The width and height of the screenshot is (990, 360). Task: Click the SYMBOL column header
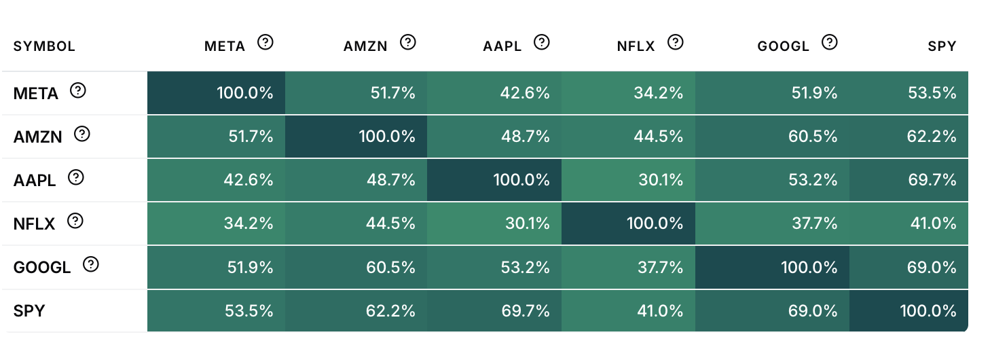(44, 46)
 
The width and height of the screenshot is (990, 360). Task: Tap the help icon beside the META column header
(265, 43)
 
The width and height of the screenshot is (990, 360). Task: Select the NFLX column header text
(636, 46)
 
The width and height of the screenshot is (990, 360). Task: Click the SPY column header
(942, 46)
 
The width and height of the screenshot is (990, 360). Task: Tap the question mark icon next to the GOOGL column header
(830, 43)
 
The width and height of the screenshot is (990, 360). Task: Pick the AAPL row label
(35, 181)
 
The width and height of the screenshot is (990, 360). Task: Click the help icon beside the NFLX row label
(75, 221)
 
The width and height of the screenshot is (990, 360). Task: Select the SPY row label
(29, 311)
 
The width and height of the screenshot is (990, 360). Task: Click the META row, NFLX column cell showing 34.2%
(628, 93)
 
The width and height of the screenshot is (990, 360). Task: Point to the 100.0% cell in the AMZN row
(356, 137)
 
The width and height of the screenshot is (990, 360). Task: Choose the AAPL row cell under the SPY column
(909, 180)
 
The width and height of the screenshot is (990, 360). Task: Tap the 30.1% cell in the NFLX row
(494, 223)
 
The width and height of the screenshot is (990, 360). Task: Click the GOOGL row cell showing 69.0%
(909, 267)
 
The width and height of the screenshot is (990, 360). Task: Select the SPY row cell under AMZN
(356, 310)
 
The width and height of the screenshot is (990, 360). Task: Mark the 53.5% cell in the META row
(909, 93)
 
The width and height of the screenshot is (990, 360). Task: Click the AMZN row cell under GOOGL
(772, 137)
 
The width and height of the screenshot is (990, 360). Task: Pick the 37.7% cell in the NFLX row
(772, 223)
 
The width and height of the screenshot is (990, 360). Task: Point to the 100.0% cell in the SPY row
(909, 310)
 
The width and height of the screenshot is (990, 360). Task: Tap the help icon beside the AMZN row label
(81, 134)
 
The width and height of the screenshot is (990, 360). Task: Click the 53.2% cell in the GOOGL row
(494, 267)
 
